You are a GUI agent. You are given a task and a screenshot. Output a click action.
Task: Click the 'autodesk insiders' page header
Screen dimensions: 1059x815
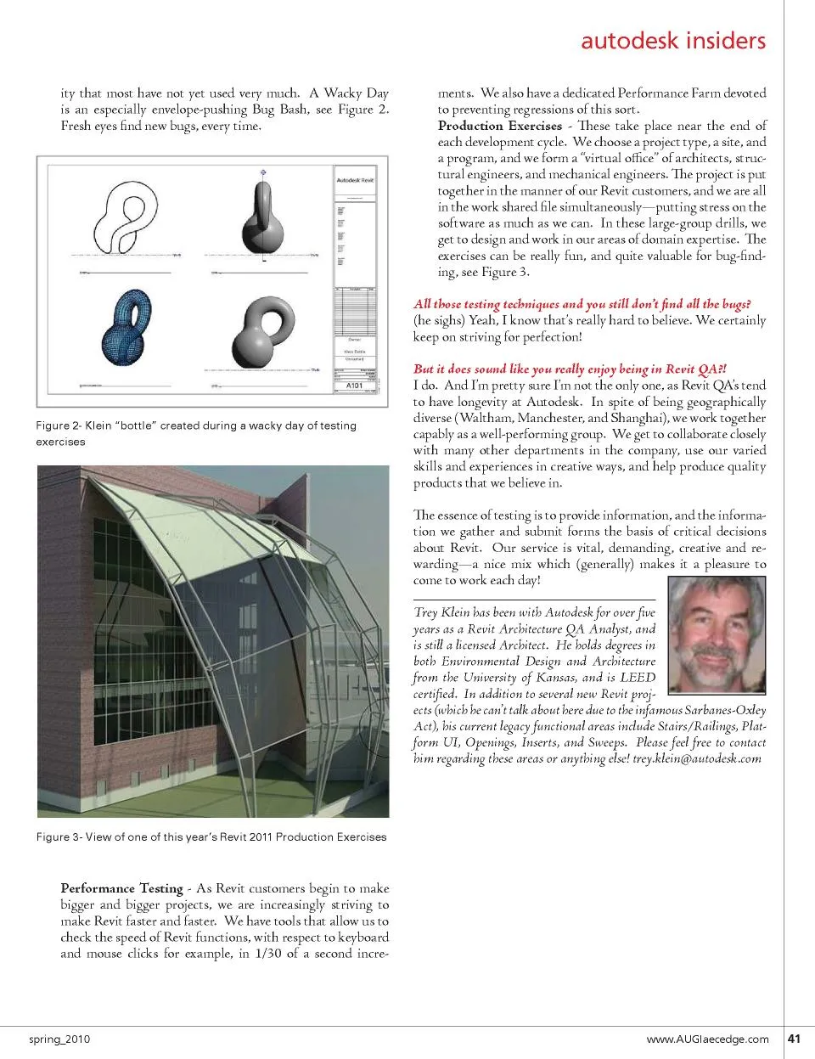click(672, 41)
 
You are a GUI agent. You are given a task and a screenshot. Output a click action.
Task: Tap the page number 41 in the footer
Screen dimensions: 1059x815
click(795, 1038)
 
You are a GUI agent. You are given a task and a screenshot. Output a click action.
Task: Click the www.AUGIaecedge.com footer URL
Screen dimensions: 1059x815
click(707, 1039)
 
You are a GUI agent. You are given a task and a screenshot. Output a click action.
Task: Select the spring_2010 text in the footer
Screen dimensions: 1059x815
click(59, 1039)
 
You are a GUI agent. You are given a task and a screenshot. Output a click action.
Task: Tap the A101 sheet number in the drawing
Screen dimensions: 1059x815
click(355, 386)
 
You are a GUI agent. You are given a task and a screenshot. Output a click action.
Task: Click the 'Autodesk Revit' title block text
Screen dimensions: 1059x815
click(355, 180)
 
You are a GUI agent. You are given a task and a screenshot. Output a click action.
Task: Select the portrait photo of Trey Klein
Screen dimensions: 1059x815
click(717, 634)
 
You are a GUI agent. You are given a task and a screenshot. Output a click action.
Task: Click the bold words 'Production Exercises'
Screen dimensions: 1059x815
click(500, 126)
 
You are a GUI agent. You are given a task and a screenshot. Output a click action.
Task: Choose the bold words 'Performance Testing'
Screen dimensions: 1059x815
click(121, 888)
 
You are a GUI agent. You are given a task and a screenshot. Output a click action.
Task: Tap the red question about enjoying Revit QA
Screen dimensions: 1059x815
click(570, 369)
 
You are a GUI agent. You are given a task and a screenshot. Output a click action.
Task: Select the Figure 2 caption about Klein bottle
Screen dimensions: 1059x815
click(196, 433)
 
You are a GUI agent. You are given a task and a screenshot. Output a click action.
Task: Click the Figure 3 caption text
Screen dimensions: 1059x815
click(211, 836)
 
